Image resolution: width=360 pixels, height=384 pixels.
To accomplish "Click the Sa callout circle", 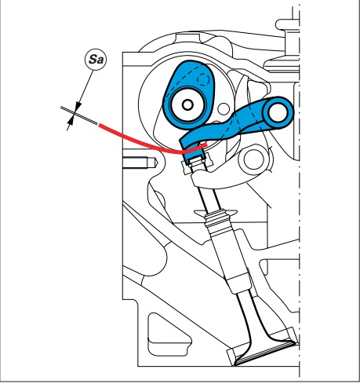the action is [96, 60].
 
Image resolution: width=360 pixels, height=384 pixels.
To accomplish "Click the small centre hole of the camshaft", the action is [187, 105].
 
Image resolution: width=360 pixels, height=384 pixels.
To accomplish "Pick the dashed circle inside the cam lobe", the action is [203, 79].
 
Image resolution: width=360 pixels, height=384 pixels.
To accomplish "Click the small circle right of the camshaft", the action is [224, 109].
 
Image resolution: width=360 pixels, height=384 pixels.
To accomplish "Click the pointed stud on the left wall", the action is [140, 163].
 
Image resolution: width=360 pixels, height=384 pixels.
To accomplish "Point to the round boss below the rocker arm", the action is [253, 159].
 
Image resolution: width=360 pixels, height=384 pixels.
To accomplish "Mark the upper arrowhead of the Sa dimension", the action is [78, 107].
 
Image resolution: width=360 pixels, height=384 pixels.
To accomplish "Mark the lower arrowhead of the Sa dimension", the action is [70, 122].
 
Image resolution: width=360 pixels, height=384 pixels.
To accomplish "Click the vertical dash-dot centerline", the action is [300, 191].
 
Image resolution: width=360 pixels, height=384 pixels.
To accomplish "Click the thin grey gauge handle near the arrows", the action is [79, 116].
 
